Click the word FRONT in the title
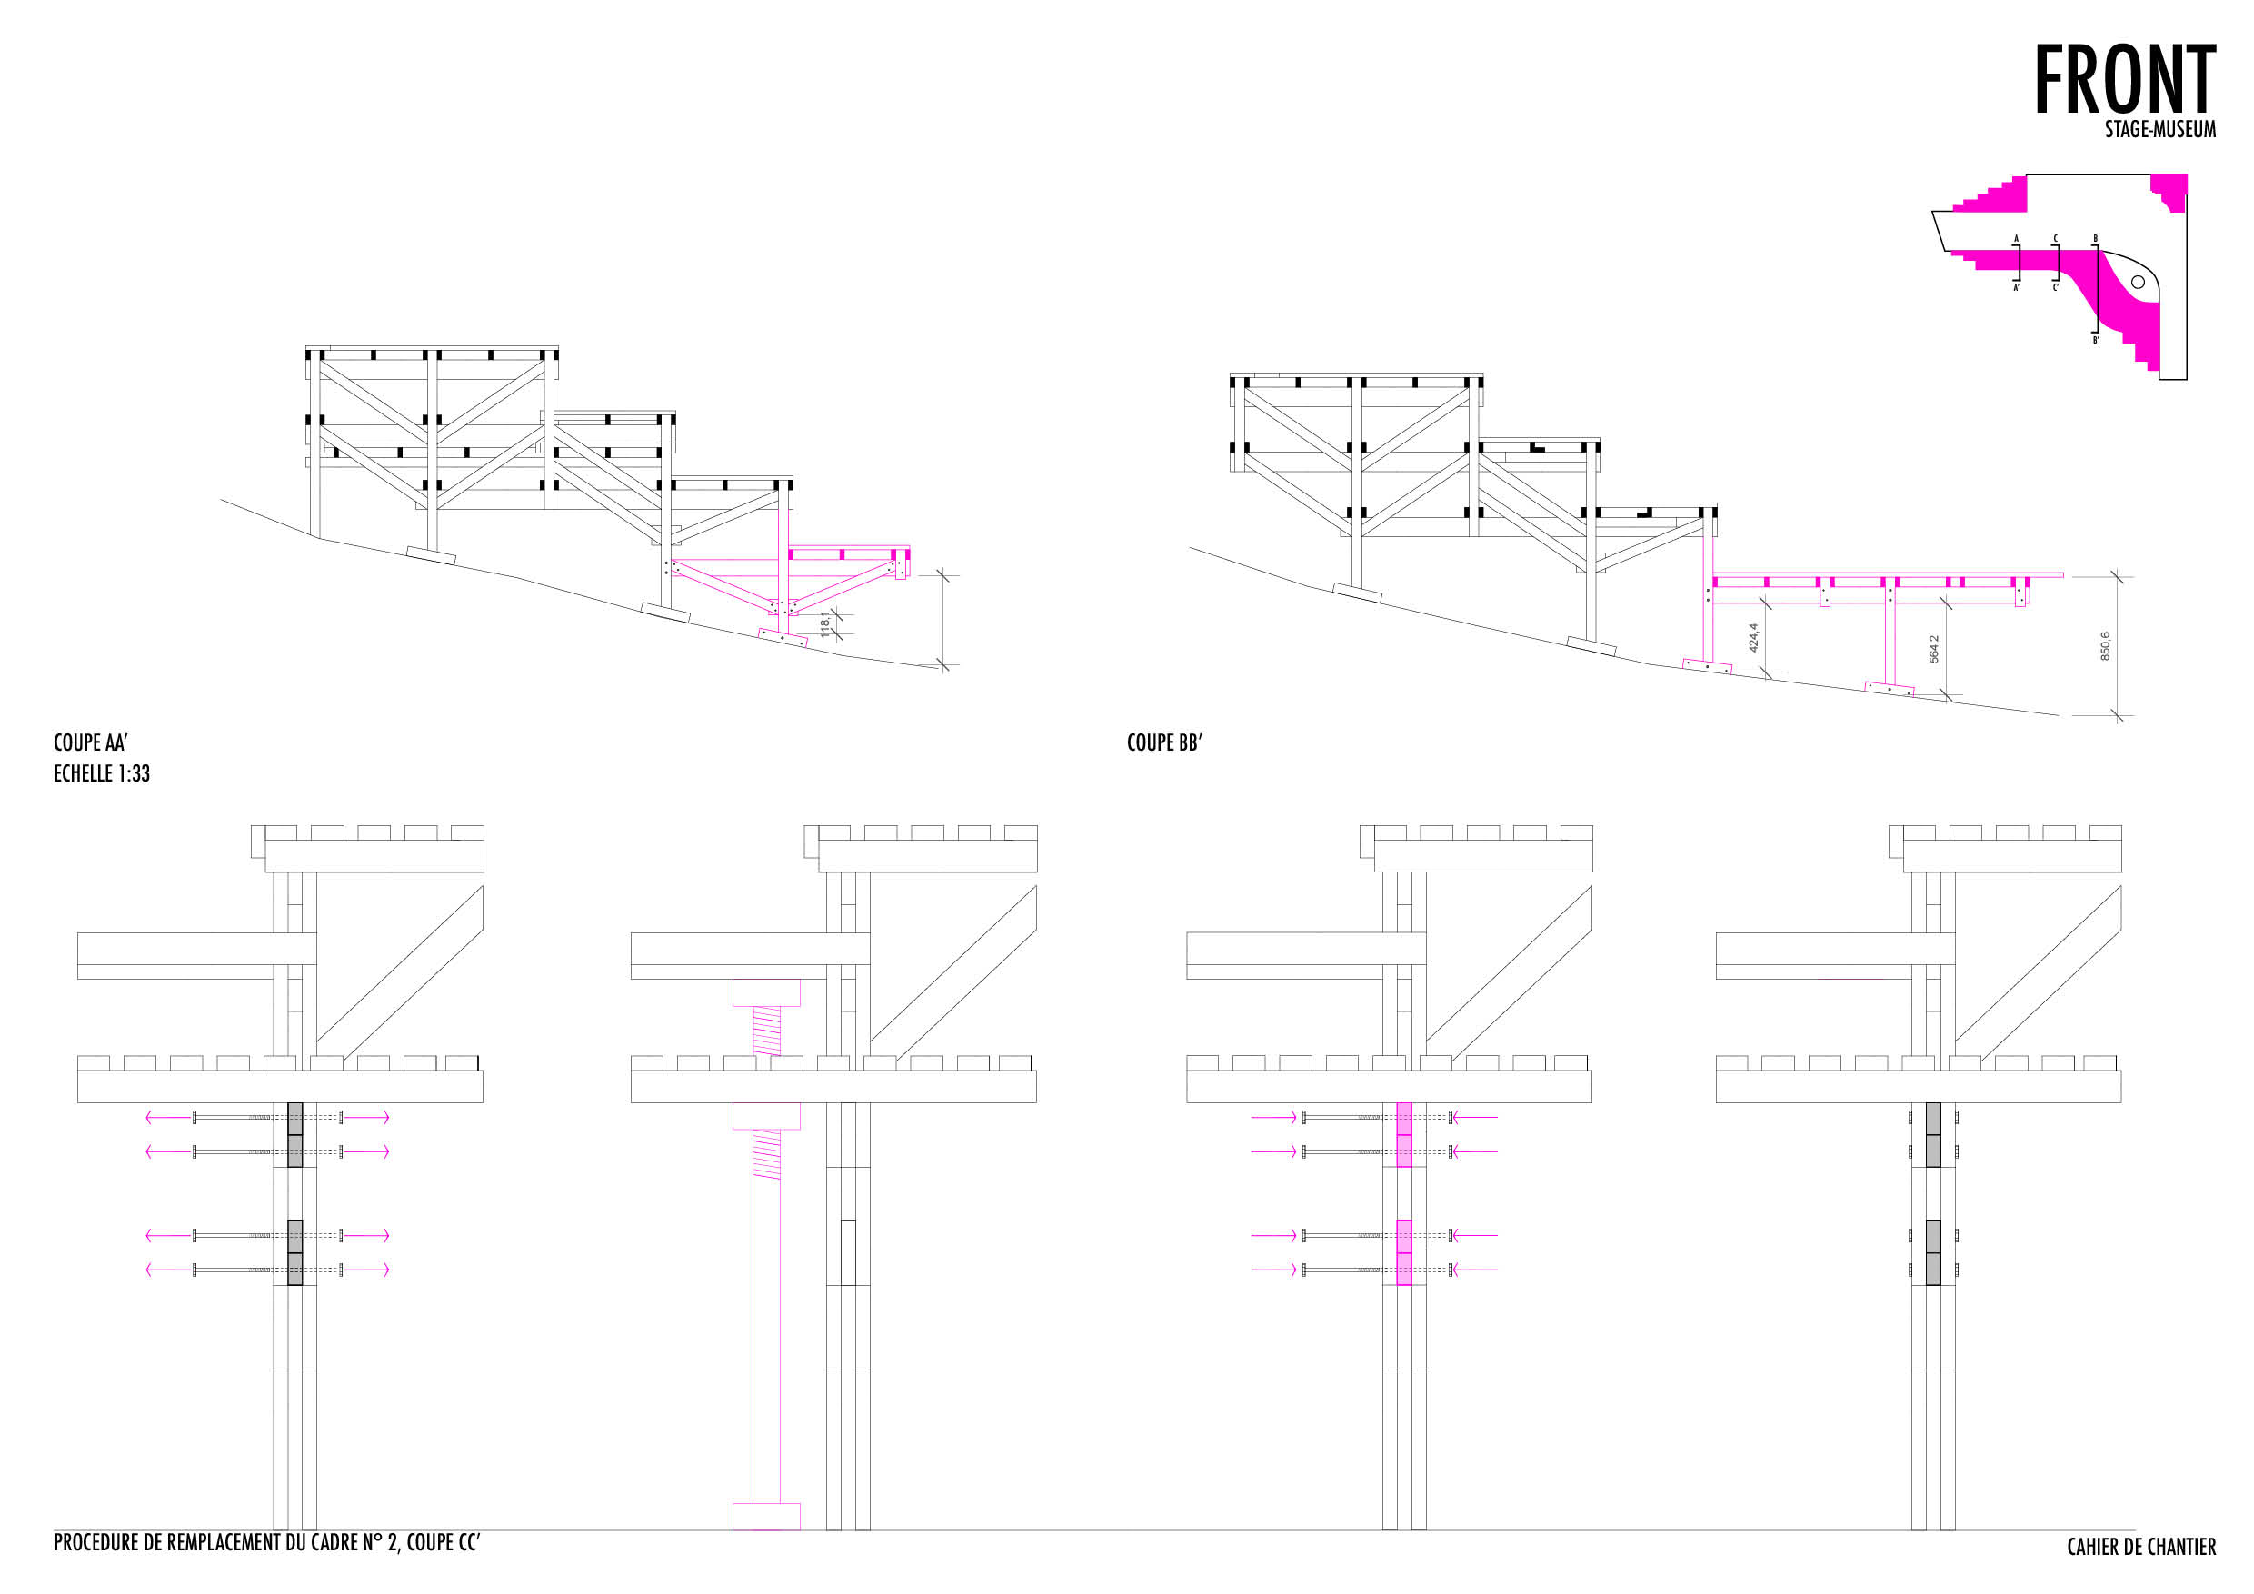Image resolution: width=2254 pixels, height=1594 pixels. click(x=2123, y=81)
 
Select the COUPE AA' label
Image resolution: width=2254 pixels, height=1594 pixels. click(x=90, y=743)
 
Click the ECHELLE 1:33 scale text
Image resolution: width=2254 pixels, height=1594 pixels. click(x=101, y=773)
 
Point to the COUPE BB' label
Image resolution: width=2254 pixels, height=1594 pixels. click(x=1164, y=743)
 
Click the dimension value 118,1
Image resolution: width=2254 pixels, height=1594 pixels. click(x=824, y=624)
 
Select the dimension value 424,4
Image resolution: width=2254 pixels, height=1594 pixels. click(x=1753, y=638)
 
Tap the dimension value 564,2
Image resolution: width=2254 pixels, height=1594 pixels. click(x=1934, y=649)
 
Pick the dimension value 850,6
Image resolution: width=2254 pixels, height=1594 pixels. click(x=2105, y=646)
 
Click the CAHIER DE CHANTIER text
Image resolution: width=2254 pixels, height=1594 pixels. click(x=2141, y=1547)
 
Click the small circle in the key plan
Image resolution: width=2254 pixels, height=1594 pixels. click(x=2137, y=283)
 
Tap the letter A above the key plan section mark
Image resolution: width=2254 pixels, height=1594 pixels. click(x=2017, y=238)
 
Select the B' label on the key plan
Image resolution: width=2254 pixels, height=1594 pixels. click(x=2095, y=341)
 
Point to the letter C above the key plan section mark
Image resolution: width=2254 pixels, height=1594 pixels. click(x=2055, y=238)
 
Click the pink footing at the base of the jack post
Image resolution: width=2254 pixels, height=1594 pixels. click(x=766, y=1517)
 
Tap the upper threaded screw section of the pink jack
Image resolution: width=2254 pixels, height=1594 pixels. click(x=767, y=1031)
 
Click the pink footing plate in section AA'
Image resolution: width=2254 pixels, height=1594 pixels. click(x=783, y=637)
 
